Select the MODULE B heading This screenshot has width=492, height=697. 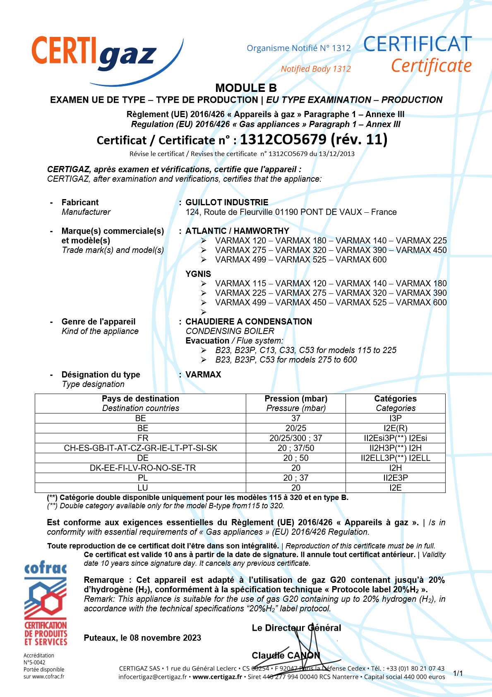(246, 88)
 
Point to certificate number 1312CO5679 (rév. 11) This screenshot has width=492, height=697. (314, 139)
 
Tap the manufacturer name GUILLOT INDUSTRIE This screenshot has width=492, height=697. (227, 202)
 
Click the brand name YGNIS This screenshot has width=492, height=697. (198, 274)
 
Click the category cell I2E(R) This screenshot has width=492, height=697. (395, 428)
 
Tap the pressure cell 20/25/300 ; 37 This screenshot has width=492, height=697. (296, 438)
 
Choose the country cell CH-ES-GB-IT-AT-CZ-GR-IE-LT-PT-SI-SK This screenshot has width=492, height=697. (141, 448)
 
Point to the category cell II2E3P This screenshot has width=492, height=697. (395, 478)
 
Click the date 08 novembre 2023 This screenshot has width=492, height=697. (166, 638)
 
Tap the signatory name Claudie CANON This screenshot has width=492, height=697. (286, 655)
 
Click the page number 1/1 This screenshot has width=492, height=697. (458, 673)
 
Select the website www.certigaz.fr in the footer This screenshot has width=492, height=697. (217, 677)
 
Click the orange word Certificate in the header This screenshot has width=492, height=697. (431, 66)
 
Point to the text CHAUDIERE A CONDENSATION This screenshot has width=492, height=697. (249, 322)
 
